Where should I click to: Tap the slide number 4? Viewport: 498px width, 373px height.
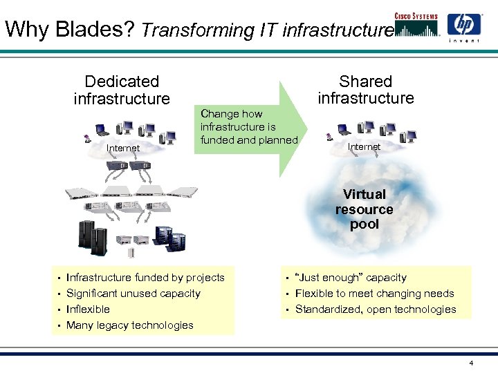(471, 363)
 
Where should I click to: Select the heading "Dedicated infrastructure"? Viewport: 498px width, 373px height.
(122, 90)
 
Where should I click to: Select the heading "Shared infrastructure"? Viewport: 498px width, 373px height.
(365, 90)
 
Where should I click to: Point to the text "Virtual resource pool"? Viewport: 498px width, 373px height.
(365, 209)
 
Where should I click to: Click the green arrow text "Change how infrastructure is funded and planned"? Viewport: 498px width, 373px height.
(248, 126)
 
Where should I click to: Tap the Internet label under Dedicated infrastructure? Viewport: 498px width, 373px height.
(123, 148)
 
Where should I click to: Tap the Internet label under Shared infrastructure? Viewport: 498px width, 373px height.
(364, 146)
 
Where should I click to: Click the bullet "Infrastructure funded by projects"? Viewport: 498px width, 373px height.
(145, 278)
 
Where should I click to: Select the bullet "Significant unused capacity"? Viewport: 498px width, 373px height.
(133, 294)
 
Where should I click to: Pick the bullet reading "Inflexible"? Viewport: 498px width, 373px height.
(88, 309)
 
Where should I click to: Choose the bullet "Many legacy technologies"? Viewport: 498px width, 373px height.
(129, 325)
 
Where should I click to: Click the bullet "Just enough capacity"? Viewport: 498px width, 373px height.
(351, 278)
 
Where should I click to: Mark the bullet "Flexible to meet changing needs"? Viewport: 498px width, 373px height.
(374, 294)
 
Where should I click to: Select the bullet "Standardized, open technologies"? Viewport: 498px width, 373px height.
(376, 309)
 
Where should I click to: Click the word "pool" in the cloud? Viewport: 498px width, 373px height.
(365, 224)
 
